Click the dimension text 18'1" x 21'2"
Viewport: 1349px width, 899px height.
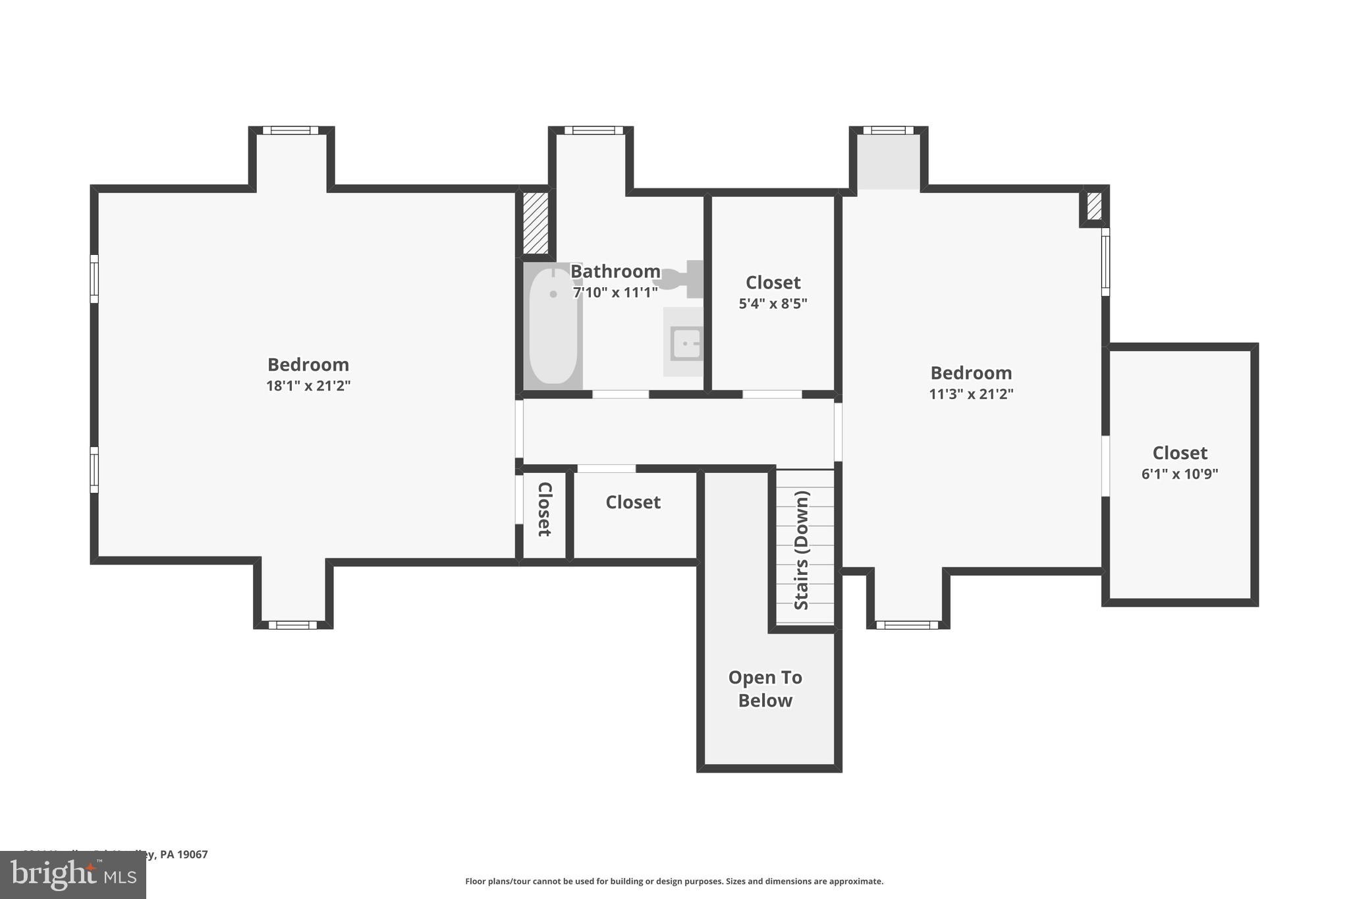coord(308,386)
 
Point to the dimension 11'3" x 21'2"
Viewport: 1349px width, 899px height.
coord(971,394)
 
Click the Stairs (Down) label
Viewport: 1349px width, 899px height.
coord(802,550)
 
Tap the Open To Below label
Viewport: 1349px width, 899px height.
coord(765,688)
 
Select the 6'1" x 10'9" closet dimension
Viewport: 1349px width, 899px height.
coord(1179,474)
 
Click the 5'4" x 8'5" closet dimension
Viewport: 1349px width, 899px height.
coord(773,304)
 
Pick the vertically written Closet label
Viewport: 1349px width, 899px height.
coord(545,509)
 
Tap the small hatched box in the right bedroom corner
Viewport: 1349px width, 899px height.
coord(1093,206)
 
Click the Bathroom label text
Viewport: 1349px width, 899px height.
coord(615,271)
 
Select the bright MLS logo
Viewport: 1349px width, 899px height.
coord(72,875)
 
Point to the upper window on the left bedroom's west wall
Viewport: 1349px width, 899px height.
coord(94,279)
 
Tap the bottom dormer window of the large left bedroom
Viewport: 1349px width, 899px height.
coord(292,624)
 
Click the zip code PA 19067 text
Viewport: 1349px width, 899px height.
coord(184,854)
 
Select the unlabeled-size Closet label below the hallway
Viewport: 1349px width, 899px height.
coord(632,503)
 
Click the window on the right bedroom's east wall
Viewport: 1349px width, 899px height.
coord(1105,262)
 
